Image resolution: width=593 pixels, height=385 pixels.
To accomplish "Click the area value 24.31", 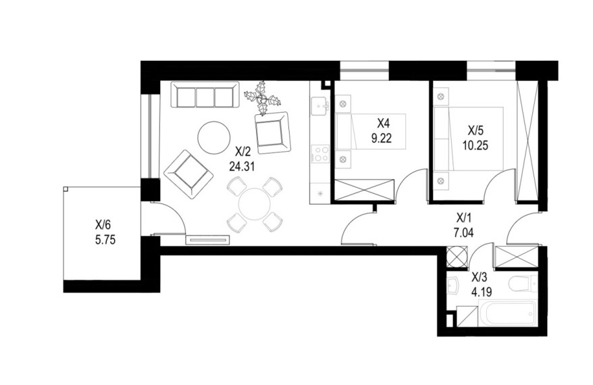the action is [x=242, y=165].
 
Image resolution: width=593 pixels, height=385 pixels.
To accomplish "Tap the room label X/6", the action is [x=103, y=226].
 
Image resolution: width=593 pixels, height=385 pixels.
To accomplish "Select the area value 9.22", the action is [x=381, y=138].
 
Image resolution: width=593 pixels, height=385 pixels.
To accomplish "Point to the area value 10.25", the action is [x=475, y=145].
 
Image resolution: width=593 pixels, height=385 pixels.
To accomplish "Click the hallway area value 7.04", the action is [x=463, y=232].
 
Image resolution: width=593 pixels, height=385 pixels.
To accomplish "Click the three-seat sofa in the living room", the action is [x=205, y=95].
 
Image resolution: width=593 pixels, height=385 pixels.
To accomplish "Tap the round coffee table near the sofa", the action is [x=213, y=137].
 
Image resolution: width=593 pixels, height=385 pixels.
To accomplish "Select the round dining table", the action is [x=255, y=204].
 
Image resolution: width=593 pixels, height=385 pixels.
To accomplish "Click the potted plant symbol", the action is [x=261, y=99].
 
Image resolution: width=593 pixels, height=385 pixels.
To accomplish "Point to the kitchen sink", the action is [x=319, y=105].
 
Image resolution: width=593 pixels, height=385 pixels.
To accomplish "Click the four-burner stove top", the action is [x=320, y=154].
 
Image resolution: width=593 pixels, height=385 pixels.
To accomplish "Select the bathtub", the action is [x=507, y=313].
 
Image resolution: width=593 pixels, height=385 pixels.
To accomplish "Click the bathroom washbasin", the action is [x=453, y=286].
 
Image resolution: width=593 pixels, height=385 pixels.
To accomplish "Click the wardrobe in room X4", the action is [x=365, y=190].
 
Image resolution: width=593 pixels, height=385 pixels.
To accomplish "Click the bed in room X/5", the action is [x=468, y=138].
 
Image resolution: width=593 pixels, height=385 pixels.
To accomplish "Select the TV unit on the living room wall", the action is [x=207, y=240].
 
